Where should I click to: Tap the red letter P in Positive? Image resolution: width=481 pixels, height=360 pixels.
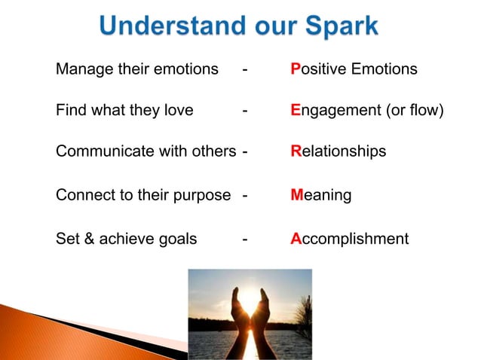click(x=296, y=69)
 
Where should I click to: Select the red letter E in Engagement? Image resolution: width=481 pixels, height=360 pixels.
click(x=296, y=111)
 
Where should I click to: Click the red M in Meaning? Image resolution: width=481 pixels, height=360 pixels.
click(x=297, y=196)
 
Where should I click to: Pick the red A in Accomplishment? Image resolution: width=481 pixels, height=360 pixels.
click(x=296, y=239)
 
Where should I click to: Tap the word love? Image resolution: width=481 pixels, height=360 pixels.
click(x=177, y=111)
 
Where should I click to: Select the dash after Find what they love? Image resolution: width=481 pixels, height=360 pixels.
click(x=244, y=111)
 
